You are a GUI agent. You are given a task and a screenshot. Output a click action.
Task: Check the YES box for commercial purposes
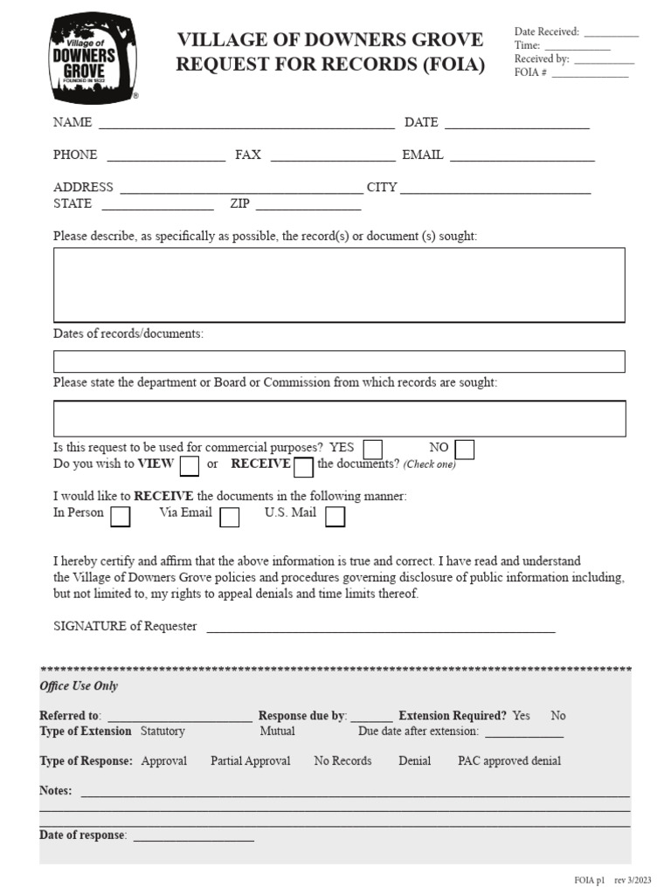tap(373, 450)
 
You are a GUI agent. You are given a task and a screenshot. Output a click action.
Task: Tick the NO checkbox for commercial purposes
tap(465, 450)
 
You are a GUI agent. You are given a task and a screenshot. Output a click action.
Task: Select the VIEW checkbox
tap(189, 466)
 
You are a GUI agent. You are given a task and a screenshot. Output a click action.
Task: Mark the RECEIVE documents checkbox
tap(303, 467)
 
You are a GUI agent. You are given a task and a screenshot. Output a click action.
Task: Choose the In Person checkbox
tap(121, 517)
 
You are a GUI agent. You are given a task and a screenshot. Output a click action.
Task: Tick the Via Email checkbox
tap(230, 517)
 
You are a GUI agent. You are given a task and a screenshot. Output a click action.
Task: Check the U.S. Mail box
tap(335, 517)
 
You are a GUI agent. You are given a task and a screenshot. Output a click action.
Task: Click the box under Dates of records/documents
tap(339, 361)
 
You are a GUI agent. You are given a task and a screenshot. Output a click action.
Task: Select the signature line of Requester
tap(380, 628)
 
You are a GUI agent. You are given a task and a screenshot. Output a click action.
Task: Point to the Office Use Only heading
tap(79, 686)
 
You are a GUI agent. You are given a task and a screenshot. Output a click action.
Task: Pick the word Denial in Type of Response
tap(415, 761)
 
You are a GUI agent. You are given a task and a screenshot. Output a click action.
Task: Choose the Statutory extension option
tap(163, 732)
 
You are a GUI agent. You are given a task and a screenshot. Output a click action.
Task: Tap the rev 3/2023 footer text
tap(635, 879)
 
